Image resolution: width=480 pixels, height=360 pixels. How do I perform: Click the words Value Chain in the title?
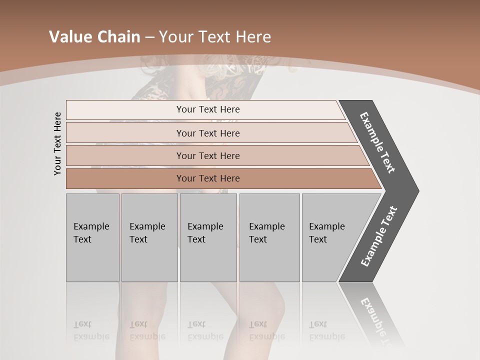pos(94,37)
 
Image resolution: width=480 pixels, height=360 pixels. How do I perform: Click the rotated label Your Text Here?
pos(57,143)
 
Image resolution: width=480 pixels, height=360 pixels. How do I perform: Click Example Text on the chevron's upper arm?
pos(377,143)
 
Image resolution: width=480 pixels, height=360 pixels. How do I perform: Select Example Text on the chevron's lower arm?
pos(379,236)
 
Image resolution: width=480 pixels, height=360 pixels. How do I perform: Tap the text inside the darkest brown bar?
pos(208,178)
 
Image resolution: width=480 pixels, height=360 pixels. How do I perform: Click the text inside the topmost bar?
pos(208,109)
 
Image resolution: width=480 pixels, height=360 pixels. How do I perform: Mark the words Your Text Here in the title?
pos(215,37)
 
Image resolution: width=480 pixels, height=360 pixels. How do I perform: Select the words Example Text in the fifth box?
pos(326,233)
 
